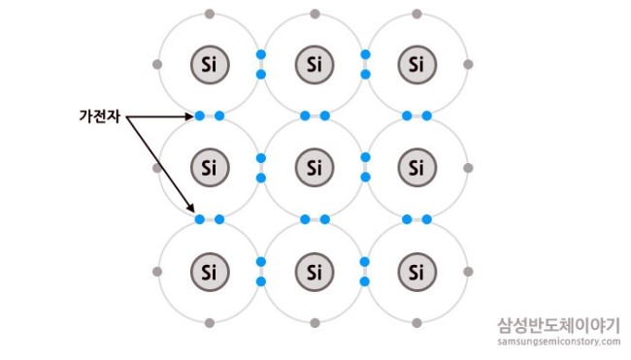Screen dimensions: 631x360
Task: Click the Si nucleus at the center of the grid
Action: coord(315,167)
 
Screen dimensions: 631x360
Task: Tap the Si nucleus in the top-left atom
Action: coord(210,64)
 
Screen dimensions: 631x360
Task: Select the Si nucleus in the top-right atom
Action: coord(416,64)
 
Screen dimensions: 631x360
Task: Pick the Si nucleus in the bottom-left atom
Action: coord(210,272)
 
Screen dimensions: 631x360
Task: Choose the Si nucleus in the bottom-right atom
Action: coord(416,272)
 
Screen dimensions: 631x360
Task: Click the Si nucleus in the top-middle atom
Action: coord(315,64)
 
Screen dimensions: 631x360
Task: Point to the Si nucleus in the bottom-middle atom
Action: coord(315,272)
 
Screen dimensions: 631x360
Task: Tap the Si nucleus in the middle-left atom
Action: coord(210,167)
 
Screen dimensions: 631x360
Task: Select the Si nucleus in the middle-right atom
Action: coord(416,167)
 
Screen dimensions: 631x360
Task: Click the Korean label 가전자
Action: coord(99,116)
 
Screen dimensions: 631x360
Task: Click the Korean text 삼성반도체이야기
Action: coord(558,325)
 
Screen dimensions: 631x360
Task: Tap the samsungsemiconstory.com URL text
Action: coord(558,342)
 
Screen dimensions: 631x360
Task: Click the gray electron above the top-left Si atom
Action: coord(210,15)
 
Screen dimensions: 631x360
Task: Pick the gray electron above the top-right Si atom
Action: coord(416,15)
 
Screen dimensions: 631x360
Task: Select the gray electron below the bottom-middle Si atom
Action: coord(315,322)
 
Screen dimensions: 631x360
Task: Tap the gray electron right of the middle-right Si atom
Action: coord(468,168)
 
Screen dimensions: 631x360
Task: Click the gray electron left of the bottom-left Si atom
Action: coord(157,272)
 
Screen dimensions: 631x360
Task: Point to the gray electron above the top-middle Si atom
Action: coord(315,15)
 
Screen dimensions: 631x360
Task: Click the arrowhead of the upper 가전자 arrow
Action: coord(190,116)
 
